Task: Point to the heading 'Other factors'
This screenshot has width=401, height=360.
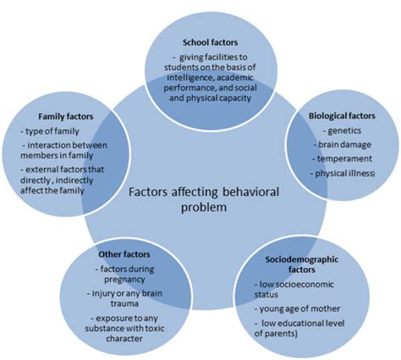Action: coord(104,253)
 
